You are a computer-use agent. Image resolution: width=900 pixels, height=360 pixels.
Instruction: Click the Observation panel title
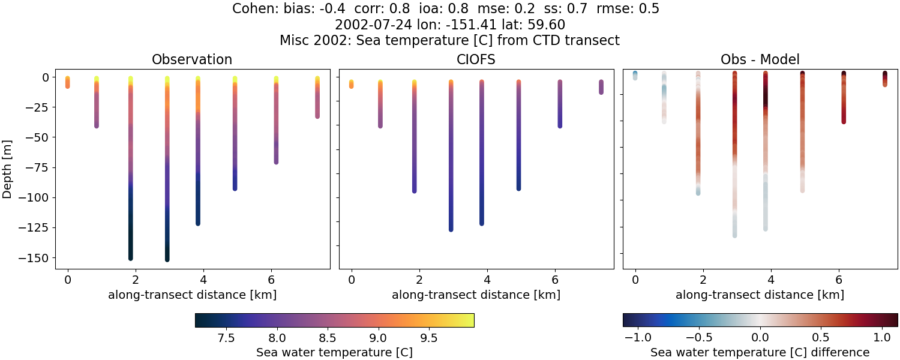[x=192, y=59]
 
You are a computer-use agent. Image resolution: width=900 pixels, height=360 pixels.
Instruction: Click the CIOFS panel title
[x=476, y=59]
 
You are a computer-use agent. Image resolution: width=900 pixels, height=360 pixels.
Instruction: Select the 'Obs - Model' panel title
[x=760, y=59]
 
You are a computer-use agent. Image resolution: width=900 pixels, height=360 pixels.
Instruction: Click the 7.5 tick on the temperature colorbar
[x=226, y=338]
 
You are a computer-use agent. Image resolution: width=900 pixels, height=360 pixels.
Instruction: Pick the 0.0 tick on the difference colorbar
[x=760, y=338]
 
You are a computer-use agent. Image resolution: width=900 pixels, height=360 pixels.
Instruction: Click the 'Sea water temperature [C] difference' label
[x=760, y=352]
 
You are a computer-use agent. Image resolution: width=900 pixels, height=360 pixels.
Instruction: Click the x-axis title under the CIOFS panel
[x=476, y=295]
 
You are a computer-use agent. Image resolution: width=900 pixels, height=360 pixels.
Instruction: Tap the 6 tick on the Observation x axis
[x=272, y=279]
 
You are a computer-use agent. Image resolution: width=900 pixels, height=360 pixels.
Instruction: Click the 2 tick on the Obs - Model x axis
[x=703, y=279]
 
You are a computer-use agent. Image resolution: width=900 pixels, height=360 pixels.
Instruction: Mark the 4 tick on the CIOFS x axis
[x=487, y=279]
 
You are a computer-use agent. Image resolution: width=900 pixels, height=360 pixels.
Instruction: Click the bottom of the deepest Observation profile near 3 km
[x=167, y=259]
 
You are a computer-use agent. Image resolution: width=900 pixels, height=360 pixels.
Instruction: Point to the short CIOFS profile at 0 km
[x=351, y=84]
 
